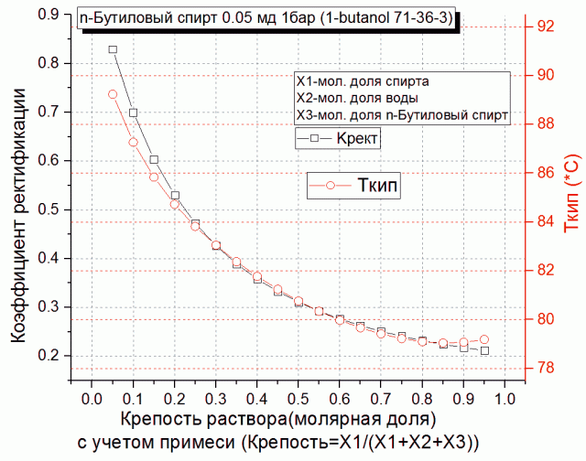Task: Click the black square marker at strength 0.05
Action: click(x=113, y=49)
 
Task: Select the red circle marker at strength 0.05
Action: click(x=113, y=94)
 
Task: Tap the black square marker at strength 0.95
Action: click(x=484, y=351)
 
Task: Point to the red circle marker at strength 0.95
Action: click(x=484, y=339)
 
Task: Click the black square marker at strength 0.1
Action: click(x=133, y=113)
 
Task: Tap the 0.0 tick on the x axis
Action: click(x=92, y=401)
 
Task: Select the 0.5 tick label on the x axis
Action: click(x=298, y=401)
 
